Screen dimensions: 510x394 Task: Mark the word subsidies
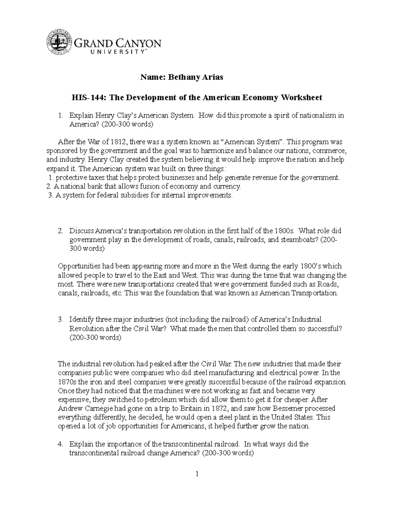coord(130,195)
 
